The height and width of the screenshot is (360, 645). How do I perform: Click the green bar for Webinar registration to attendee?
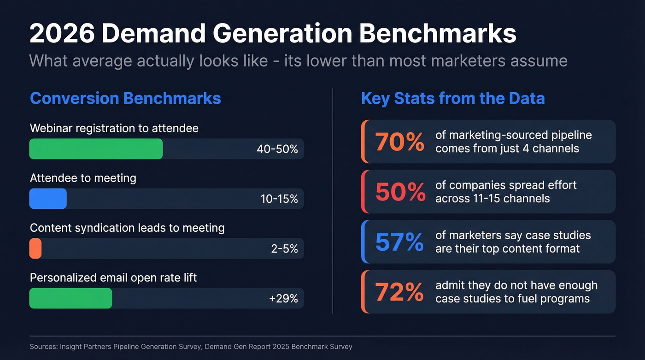[x=96, y=149]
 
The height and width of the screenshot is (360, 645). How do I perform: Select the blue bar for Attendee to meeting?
[x=48, y=199]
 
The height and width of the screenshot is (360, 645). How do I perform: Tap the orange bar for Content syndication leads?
[x=35, y=248]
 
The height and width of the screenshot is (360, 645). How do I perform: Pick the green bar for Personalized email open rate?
[x=70, y=298]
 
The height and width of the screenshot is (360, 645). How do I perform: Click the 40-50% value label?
[x=277, y=149]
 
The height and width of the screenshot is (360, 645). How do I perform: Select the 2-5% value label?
[x=284, y=249]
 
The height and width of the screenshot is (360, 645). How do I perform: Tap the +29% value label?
[x=283, y=299]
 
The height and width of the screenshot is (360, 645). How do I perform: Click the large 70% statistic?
[x=399, y=142]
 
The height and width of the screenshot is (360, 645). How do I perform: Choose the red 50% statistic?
[x=400, y=192]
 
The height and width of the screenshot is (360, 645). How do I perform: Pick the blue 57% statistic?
[x=399, y=242]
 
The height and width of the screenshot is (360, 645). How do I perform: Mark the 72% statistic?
[x=399, y=292]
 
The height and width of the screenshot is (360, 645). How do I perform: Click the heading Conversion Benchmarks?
[x=125, y=99]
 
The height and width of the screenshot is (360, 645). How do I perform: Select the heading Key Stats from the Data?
[x=453, y=99]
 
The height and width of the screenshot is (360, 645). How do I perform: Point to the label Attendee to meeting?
[x=83, y=178]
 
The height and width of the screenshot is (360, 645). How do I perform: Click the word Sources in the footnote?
[x=43, y=347]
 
